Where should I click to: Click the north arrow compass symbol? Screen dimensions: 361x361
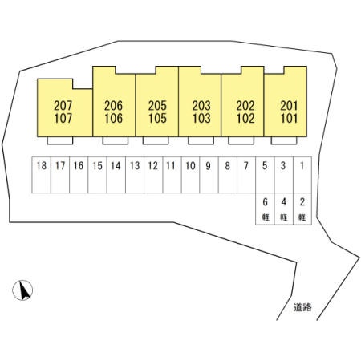(x=22, y=290)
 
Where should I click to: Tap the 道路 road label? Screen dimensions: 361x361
(x=302, y=307)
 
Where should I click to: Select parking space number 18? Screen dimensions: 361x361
(x=42, y=175)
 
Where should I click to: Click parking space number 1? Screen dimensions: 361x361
(x=302, y=175)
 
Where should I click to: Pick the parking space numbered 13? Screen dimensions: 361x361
(x=135, y=175)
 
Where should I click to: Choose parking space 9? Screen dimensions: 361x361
(x=209, y=175)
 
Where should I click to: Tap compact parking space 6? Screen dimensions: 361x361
(x=265, y=209)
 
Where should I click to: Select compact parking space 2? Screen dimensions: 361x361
(x=302, y=209)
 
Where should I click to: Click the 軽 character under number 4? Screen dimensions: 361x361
(x=284, y=217)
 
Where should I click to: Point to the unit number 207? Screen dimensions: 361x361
(x=63, y=106)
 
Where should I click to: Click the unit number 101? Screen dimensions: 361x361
(x=289, y=118)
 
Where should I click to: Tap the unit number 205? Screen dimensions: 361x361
(x=157, y=106)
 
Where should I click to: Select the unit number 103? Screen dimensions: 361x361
(x=201, y=118)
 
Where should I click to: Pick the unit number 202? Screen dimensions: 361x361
(x=245, y=106)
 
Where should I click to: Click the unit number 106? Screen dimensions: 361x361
(x=114, y=118)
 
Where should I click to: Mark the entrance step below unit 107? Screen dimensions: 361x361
(x=60, y=140)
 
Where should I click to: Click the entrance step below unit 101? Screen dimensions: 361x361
(x=284, y=140)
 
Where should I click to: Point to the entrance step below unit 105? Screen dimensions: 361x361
(x=156, y=140)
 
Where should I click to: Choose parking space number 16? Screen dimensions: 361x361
(x=79, y=175)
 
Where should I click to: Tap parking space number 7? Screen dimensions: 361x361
(x=246, y=175)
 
